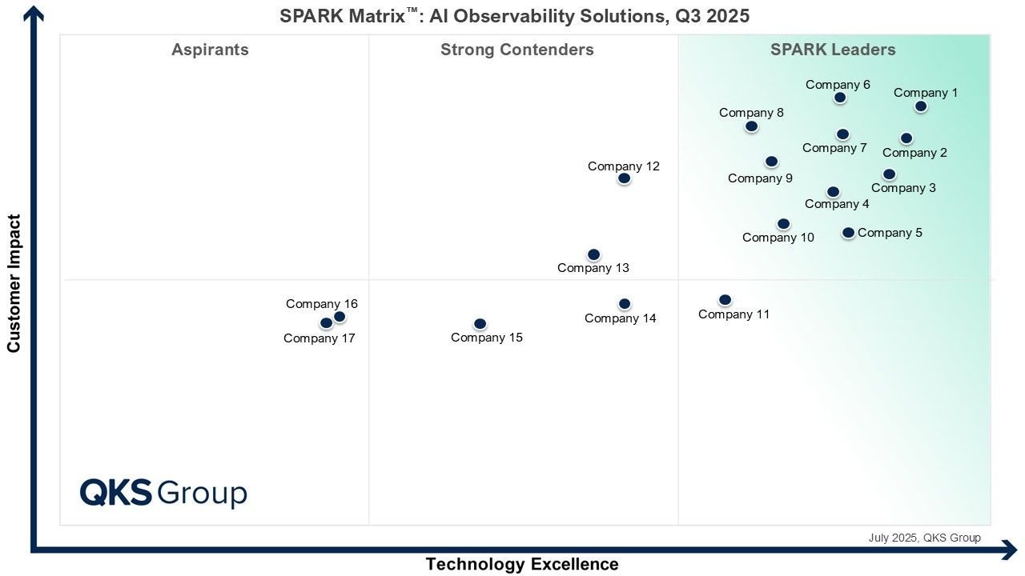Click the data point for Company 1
coord(921,106)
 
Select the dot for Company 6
coord(840,98)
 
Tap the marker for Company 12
coord(625,178)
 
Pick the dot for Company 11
coord(725,300)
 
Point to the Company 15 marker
coord(480,324)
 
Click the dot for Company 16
coord(340,317)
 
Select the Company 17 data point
coord(326,323)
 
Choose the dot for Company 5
coord(848,233)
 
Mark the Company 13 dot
coord(594,254)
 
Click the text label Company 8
coord(751,113)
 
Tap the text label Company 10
coord(778,238)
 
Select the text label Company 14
coord(620,318)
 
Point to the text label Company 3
coord(903,188)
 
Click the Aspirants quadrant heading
coord(210,50)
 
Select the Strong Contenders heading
coord(517,50)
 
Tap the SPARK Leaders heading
coord(833,50)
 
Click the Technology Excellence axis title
coord(522,564)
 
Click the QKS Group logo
coord(163,493)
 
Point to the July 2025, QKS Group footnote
coord(924,538)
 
